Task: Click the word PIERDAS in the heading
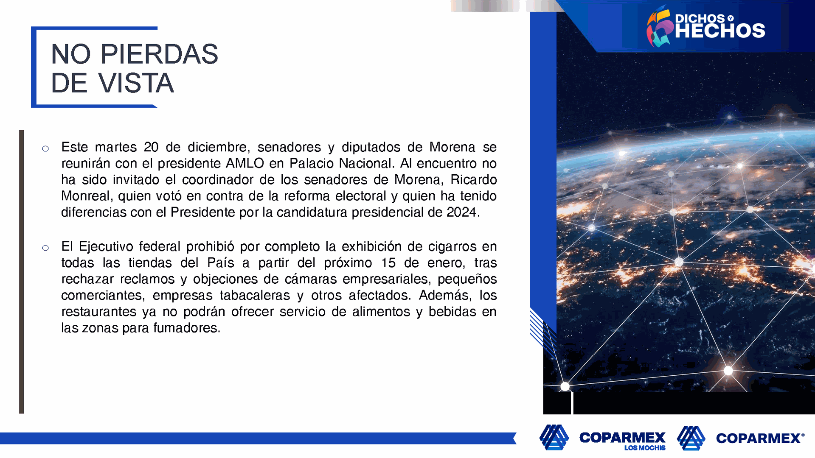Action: pyautogui.click(x=159, y=54)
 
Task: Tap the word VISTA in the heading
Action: pyautogui.click(x=136, y=83)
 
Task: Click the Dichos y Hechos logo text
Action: pyautogui.click(x=720, y=26)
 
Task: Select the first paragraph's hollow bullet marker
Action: pyautogui.click(x=45, y=148)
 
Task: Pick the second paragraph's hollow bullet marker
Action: pyautogui.click(x=45, y=248)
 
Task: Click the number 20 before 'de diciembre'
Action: pyautogui.click(x=151, y=147)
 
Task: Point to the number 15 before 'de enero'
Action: pyautogui.click(x=388, y=263)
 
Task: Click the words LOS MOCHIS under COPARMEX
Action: pyautogui.click(x=645, y=448)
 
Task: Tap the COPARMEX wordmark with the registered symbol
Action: pyautogui.click(x=760, y=438)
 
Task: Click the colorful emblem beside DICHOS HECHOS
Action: pyautogui.click(x=659, y=26)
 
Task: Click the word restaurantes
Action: pyautogui.click(x=98, y=312)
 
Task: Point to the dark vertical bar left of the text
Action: pyautogui.click(x=22, y=271)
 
